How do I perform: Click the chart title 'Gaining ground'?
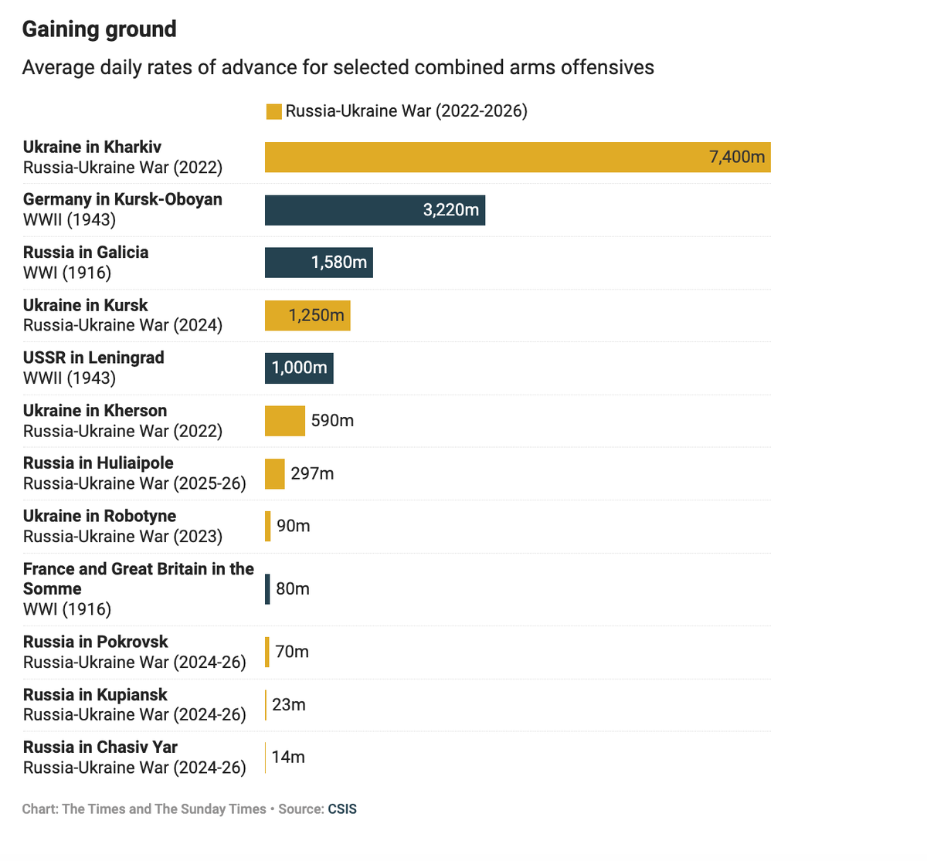coord(100,29)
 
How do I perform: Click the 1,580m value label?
coord(338,263)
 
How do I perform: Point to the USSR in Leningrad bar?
coord(299,368)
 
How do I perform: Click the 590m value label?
coord(332,421)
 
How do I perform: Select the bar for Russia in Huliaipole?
coord(275,473)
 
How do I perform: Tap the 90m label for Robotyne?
coord(294,526)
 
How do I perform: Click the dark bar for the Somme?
coord(267,588)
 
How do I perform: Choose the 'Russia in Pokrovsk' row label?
coord(96,642)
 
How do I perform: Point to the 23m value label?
coord(289,704)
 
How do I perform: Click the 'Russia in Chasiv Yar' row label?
coord(100,747)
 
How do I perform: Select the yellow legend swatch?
coord(273,111)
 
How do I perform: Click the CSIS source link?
coord(342,809)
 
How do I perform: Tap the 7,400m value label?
coord(737,157)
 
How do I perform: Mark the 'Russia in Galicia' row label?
coord(86,252)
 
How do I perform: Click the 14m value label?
coord(288,757)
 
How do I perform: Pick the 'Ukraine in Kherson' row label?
coord(95,410)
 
